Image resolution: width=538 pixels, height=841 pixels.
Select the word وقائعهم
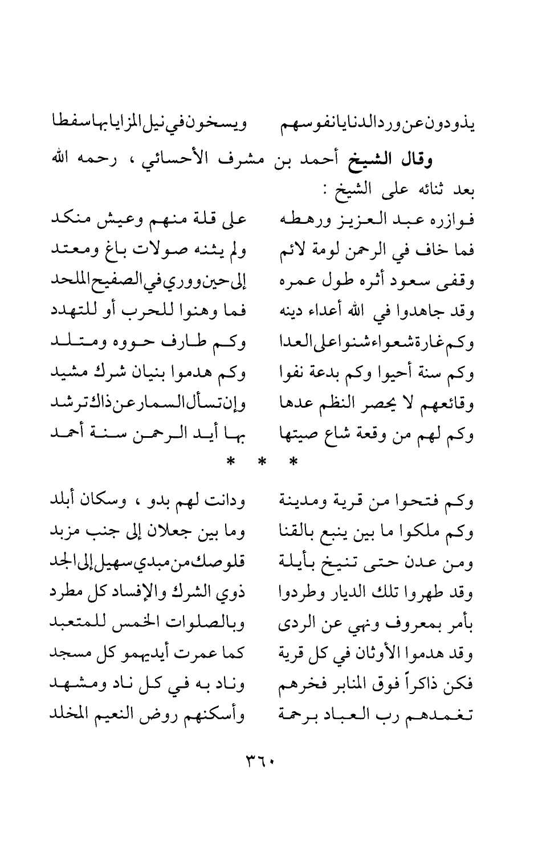coord(454,405)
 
